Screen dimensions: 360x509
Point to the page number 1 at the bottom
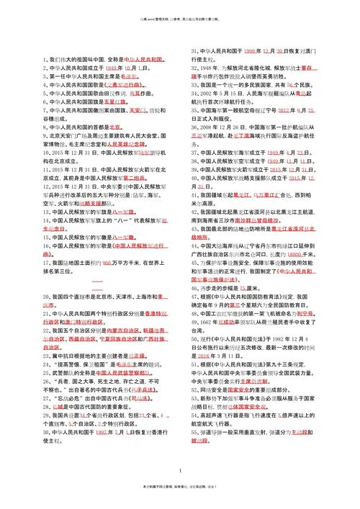pyautogui.click(x=179, y=470)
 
